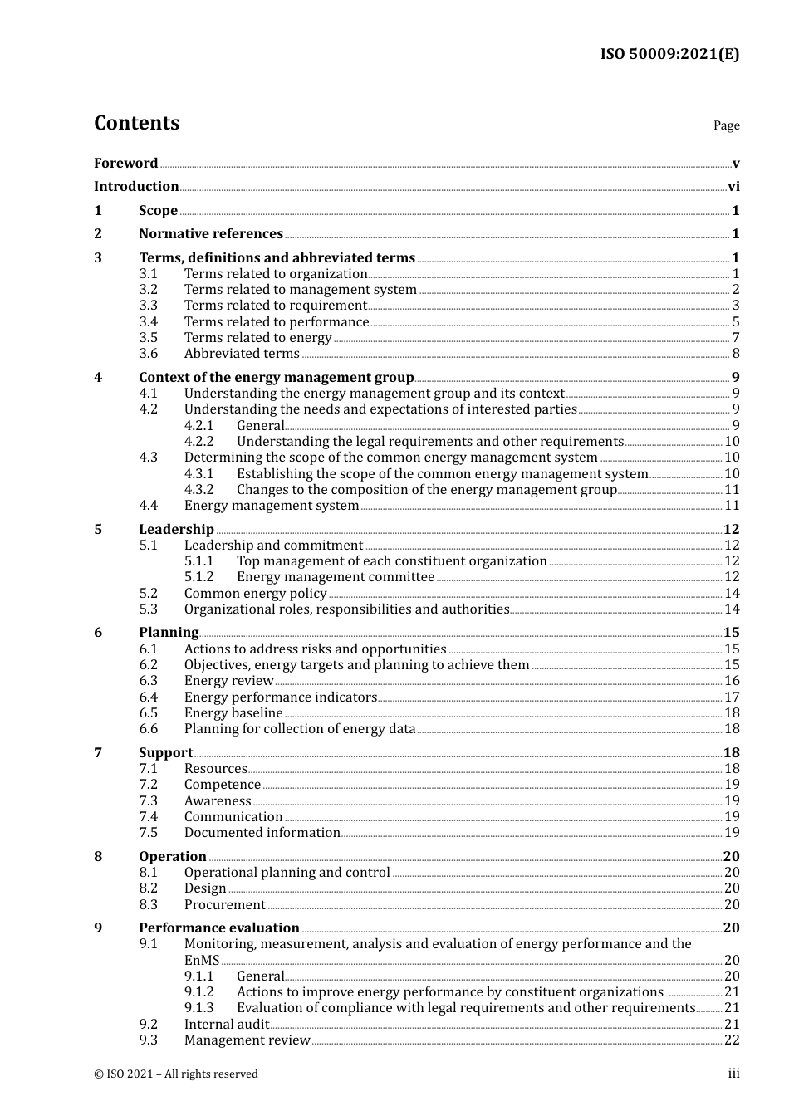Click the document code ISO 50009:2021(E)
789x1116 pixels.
point(669,55)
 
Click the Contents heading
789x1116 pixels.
point(136,123)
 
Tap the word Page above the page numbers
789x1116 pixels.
point(726,125)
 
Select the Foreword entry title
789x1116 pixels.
point(125,163)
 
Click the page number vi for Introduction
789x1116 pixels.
point(733,187)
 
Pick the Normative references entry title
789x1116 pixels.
point(211,234)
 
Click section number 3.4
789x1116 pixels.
point(148,321)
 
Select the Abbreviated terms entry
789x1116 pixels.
point(242,354)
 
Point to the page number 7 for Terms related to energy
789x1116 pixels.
point(736,338)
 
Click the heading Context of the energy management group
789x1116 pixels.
point(277,377)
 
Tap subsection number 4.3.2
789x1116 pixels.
point(198,490)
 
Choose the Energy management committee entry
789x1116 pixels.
point(336,577)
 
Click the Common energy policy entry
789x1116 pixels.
point(255,594)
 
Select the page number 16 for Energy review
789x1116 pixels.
point(732,681)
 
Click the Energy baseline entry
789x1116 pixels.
point(233,713)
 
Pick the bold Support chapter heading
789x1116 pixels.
point(165,753)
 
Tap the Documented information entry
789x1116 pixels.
point(262,833)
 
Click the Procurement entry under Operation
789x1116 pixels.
point(225,905)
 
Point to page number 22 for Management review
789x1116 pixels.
point(732,1040)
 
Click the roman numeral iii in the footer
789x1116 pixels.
point(733,1074)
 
